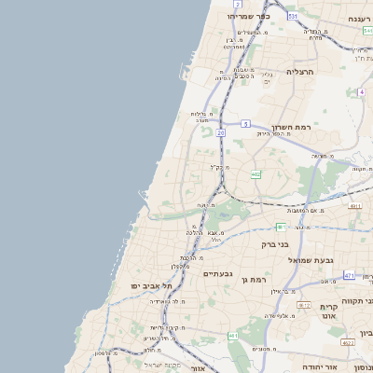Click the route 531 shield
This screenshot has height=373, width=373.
pyautogui.click(x=293, y=16)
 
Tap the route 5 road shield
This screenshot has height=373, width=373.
pyautogui.click(x=245, y=123)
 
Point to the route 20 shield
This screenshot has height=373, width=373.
pyautogui.click(x=220, y=133)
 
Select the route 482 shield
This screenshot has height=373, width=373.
pyautogui.click(x=255, y=173)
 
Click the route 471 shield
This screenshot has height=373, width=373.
pyautogui.click(x=349, y=275)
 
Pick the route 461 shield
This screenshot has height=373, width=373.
pyautogui.click(x=232, y=335)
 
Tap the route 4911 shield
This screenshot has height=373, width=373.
pyautogui.click(x=354, y=204)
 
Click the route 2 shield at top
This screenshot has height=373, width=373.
pyautogui.click(x=238, y=5)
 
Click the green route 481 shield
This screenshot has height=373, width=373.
pyautogui.click(x=281, y=227)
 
